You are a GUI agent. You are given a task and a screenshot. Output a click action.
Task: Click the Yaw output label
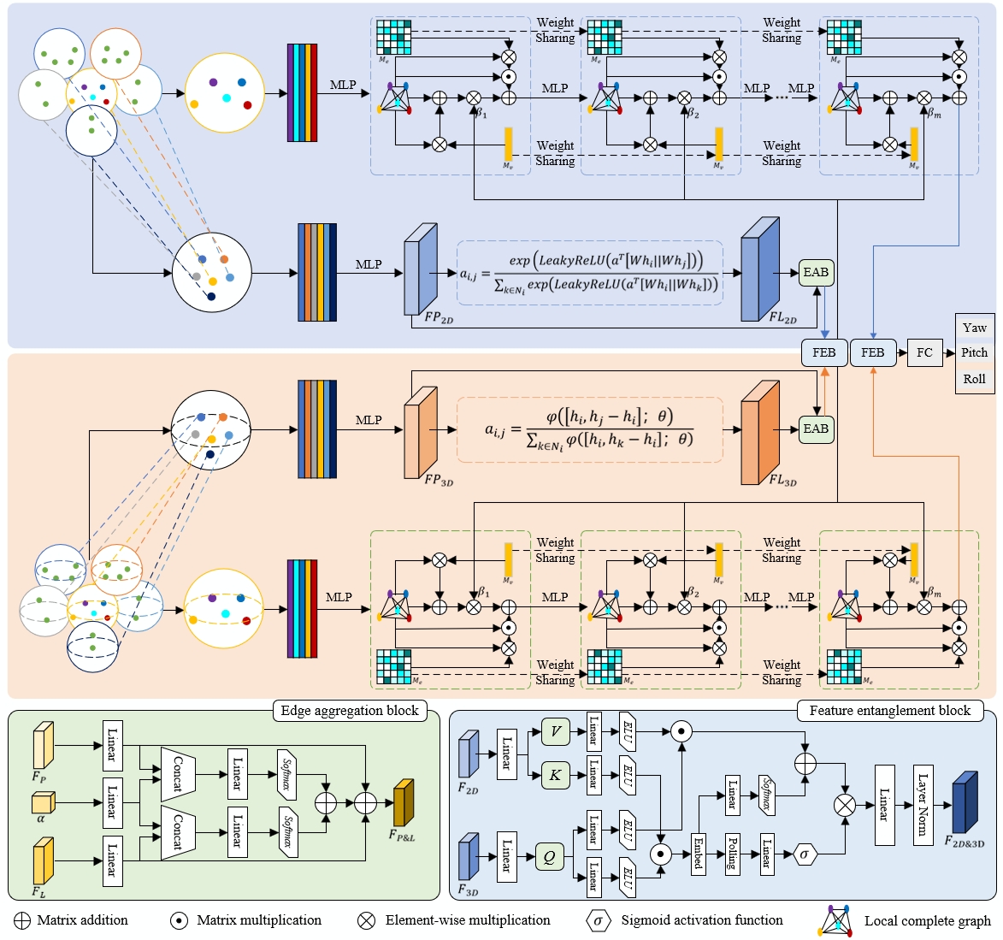[974, 328]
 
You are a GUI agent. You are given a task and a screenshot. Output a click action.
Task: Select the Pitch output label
[974, 352]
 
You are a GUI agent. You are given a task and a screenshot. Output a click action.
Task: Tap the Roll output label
[974, 379]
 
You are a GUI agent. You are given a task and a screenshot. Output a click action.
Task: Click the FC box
[924, 352]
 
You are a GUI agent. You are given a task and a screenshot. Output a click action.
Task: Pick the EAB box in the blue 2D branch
[816, 273]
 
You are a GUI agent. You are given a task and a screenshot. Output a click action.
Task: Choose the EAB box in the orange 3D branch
[816, 429]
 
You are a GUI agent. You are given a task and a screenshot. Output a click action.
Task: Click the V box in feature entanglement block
[555, 731]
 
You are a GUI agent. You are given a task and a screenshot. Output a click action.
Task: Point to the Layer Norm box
[923, 806]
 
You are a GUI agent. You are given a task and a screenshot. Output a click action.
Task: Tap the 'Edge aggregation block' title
[350, 711]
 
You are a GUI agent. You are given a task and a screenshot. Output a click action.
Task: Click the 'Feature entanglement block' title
[889, 711]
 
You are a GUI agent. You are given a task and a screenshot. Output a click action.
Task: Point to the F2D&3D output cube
[965, 802]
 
